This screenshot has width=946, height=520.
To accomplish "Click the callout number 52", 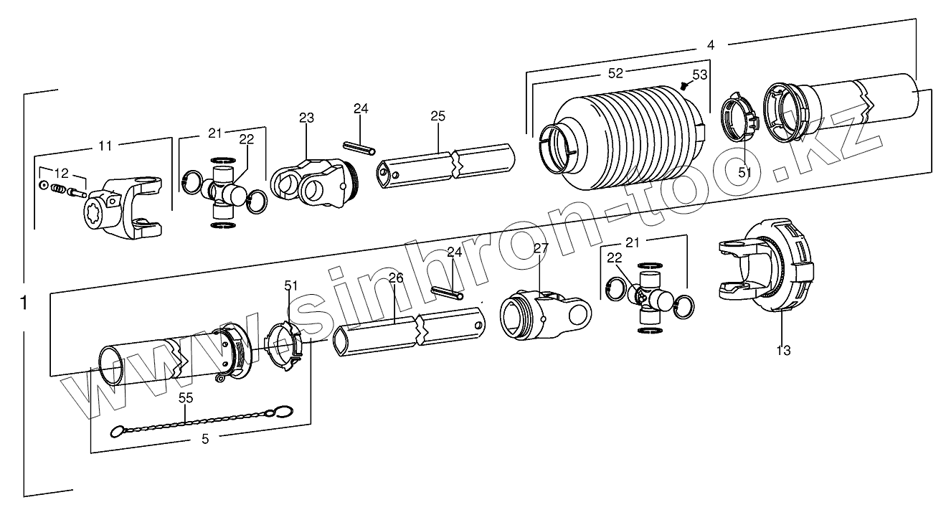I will (x=615, y=72).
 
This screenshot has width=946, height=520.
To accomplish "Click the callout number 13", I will (x=783, y=351).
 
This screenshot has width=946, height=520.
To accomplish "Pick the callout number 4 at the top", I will (x=710, y=44).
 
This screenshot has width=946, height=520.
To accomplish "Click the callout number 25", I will (x=438, y=116).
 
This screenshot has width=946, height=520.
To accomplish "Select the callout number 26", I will (x=396, y=278).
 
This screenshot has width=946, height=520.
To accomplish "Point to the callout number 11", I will (x=105, y=146).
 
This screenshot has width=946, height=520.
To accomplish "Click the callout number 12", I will (x=62, y=173).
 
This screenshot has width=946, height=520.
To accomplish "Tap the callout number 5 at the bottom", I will (x=205, y=440).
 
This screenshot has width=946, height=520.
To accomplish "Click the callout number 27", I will (x=541, y=248).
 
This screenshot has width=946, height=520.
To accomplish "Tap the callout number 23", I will (x=307, y=118).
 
